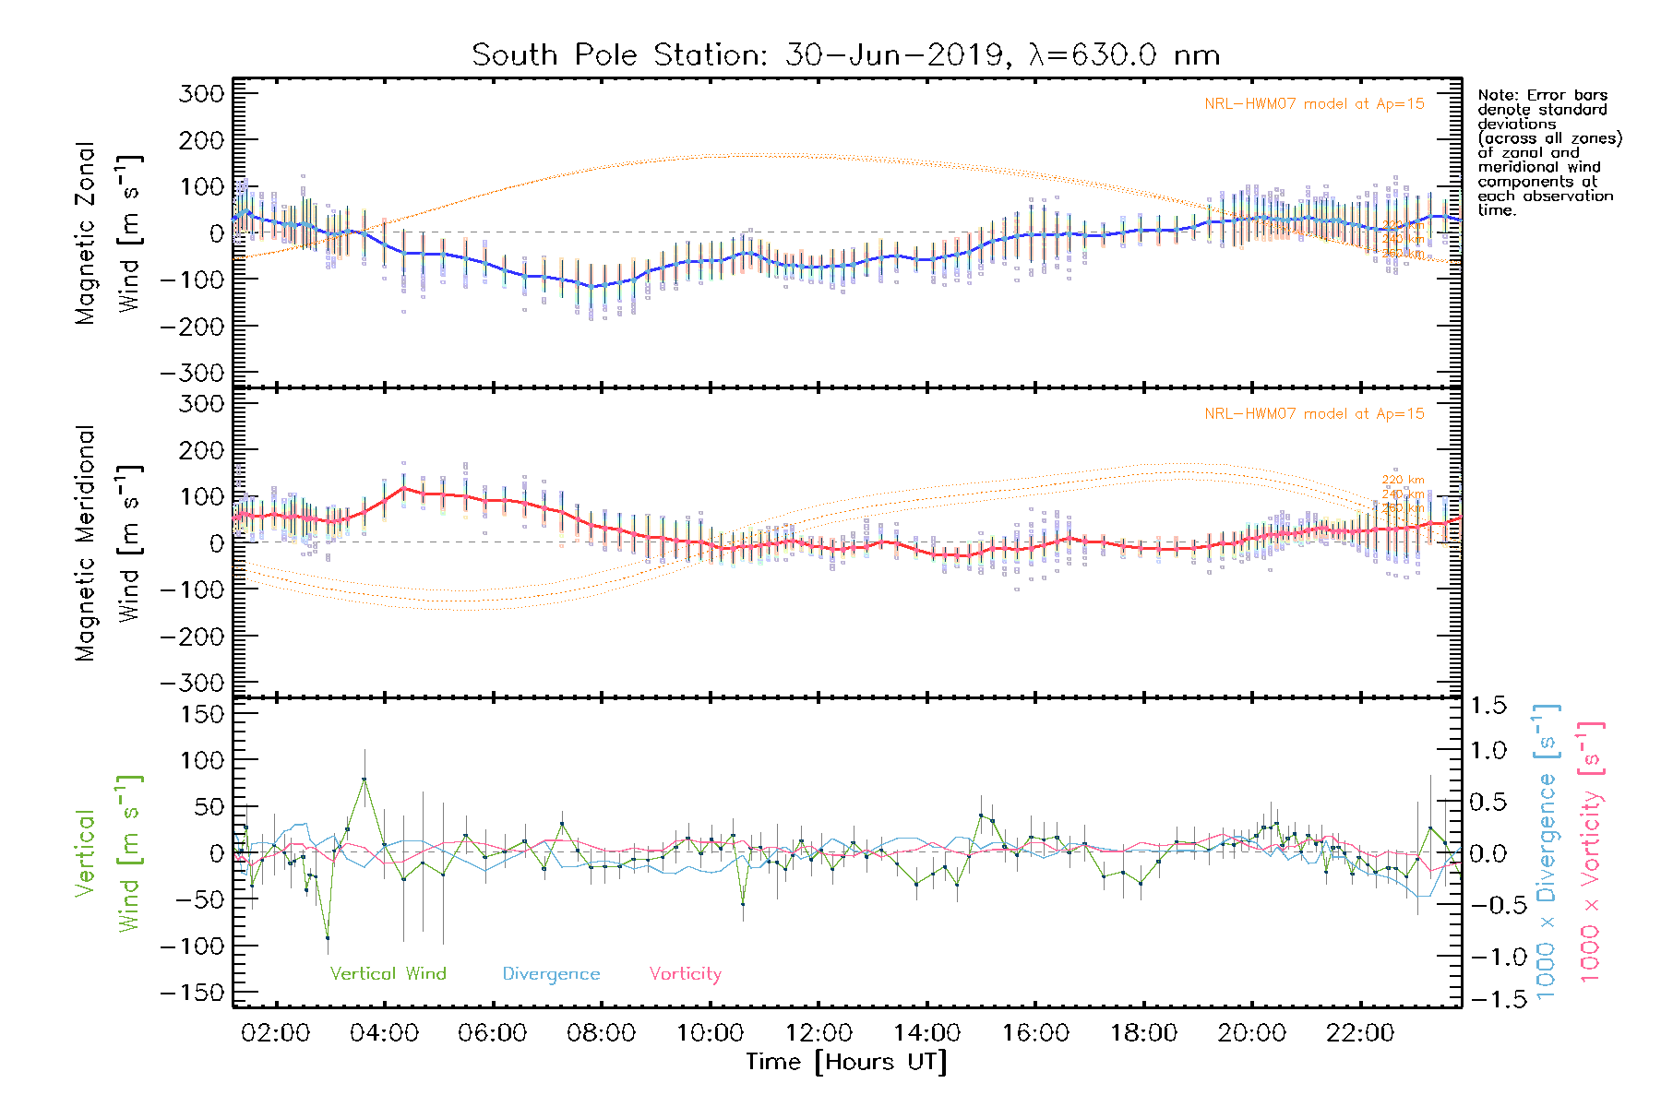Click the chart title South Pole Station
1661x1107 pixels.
tap(845, 55)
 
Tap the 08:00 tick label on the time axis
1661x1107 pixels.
tap(601, 1033)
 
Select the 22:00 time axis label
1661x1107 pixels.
tap(1360, 1033)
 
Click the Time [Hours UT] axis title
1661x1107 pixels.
tap(846, 1062)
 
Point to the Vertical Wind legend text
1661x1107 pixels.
tap(388, 974)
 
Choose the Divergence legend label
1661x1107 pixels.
tap(551, 974)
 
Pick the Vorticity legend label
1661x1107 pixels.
tap(685, 974)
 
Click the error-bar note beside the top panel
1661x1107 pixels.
tap(1548, 152)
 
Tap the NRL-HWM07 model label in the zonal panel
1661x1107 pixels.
tap(1314, 104)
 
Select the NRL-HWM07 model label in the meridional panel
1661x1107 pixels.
tap(1314, 414)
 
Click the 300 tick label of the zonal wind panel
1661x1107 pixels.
tap(201, 94)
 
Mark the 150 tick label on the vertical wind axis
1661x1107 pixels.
tap(201, 714)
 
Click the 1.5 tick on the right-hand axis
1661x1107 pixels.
tap(1488, 706)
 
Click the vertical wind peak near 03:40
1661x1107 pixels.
tap(364, 780)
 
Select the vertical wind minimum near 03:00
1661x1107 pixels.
tap(328, 938)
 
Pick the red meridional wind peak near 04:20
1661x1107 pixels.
tap(403, 488)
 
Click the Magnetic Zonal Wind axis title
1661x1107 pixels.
tap(109, 233)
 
